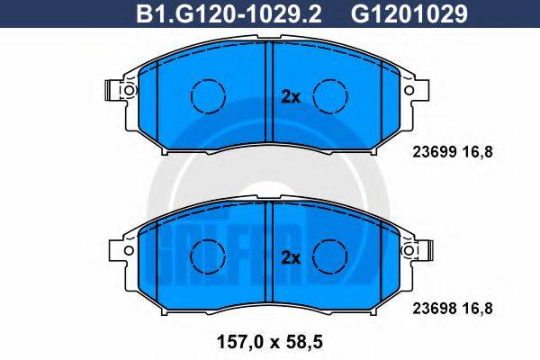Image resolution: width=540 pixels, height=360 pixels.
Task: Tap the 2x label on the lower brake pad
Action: pos(290,257)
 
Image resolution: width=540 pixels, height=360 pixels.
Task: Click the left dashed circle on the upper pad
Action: pos(207,94)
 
